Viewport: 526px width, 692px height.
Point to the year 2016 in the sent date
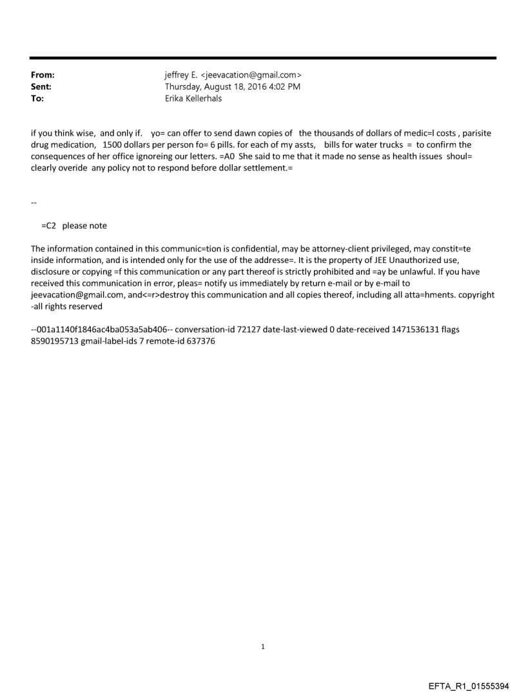coord(260,86)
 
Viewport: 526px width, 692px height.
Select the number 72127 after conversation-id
coord(249,330)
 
